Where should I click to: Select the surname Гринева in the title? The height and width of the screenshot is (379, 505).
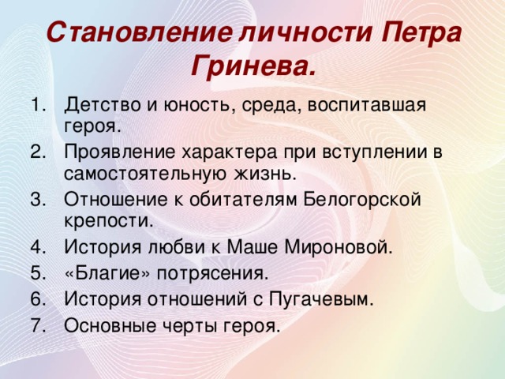[x=252, y=67]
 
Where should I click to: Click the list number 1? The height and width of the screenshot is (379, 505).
[x=39, y=105]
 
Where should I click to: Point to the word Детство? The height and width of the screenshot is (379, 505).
[x=103, y=106]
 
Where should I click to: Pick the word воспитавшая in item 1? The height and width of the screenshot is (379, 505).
[x=367, y=106]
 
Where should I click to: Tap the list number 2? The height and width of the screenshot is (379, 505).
[x=39, y=152]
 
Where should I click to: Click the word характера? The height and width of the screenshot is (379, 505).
[x=229, y=153]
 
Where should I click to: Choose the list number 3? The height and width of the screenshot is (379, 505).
[x=39, y=200]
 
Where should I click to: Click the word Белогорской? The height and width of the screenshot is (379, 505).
[x=362, y=200]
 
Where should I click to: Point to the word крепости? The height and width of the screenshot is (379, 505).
[x=109, y=221]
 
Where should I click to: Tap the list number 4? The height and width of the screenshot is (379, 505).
[x=39, y=247]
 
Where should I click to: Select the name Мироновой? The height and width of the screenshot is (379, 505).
[x=339, y=247]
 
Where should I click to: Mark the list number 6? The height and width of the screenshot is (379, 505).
[x=39, y=299]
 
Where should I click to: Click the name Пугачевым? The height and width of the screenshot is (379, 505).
[x=321, y=300]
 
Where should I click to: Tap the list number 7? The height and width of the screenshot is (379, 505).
[x=39, y=326]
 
